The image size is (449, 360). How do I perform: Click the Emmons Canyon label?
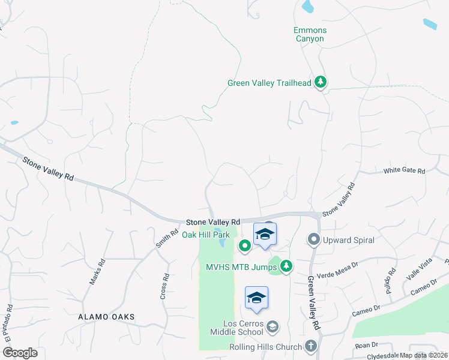click(x=309, y=34)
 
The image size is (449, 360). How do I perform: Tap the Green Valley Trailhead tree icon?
click(x=321, y=83)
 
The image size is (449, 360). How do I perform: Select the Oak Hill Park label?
click(x=206, y=235)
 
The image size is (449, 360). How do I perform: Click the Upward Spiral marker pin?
click(x=313, y=240)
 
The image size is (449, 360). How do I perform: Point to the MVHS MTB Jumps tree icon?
click(x=287, y=266)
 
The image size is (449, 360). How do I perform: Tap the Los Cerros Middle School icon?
click(x=272, y=326)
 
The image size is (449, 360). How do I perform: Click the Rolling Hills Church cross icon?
click(x=310, y=346)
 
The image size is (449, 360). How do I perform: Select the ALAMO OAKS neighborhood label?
click(x=106, y=317)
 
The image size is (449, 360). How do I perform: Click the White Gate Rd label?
click(x=404, y=171)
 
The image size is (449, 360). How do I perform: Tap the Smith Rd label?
click(x=167, y=240)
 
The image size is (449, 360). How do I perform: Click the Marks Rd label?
click(x=97, y=271)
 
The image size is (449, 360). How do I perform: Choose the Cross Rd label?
click(x=166, y=286)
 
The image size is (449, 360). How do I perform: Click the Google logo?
click(x=20, y=353)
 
